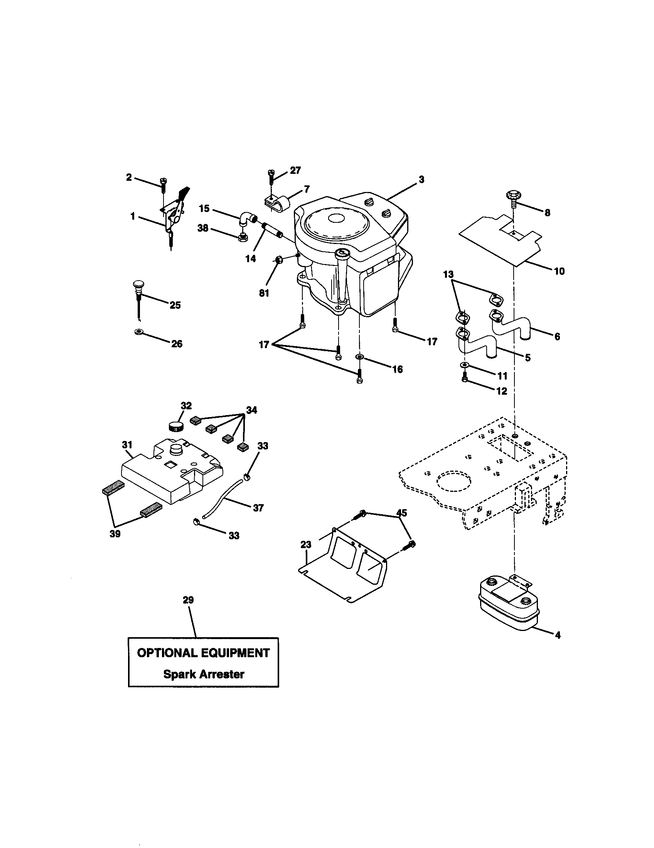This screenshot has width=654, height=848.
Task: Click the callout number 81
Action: [x=264, y=293]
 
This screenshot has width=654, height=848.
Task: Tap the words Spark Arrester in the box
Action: [x=204, y=674]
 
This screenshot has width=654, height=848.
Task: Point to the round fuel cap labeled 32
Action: [x=177, y=426]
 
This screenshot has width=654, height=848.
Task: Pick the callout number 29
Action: [x=188, y=600]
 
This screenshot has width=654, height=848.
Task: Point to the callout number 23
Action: [x=306, y=545]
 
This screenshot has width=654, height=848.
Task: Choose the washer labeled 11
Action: [x=464, y=365]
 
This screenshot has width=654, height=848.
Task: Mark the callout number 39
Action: [x=115, y=534]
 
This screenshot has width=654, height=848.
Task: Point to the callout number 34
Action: [x=251, y=410]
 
